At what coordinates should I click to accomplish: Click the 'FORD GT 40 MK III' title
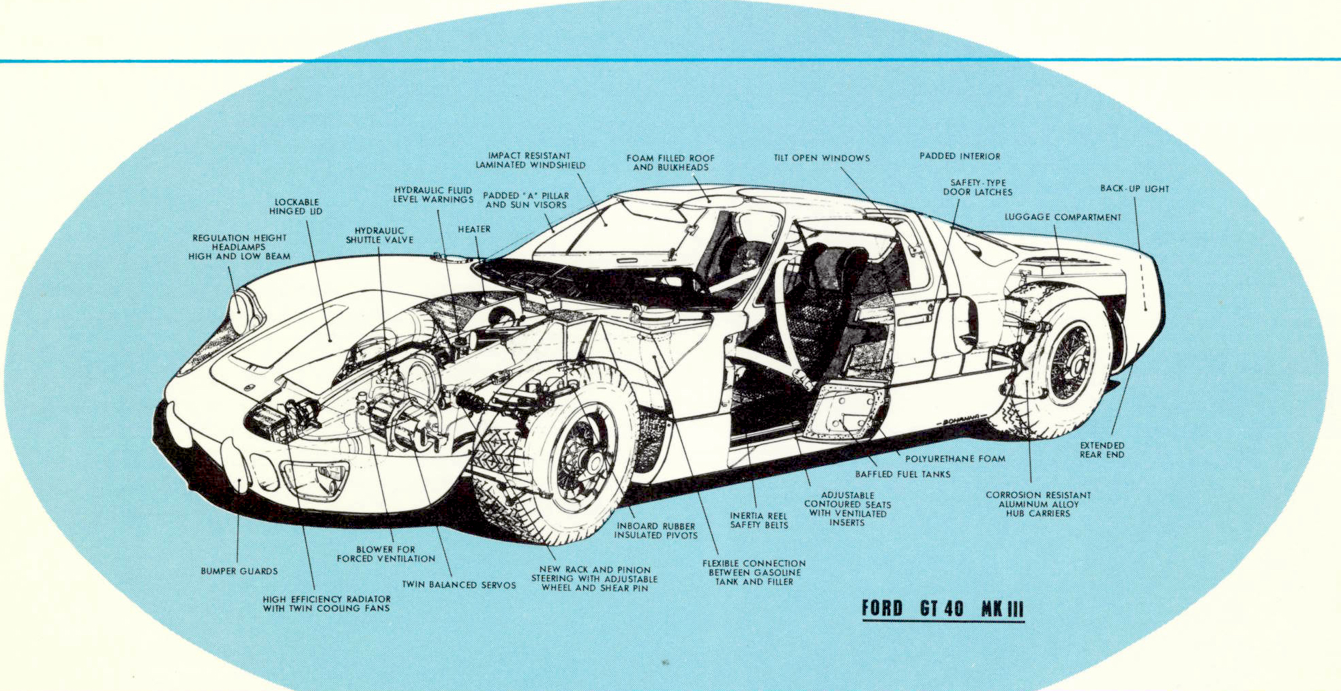click(943, 608)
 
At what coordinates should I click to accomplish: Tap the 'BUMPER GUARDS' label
click(239, 571)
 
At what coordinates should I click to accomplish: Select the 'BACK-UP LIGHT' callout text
click(1134, 189)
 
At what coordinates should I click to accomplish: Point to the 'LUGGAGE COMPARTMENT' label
click(1063, 217)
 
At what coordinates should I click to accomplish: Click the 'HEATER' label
click(474, 230)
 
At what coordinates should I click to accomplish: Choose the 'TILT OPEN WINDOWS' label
click(821, 158)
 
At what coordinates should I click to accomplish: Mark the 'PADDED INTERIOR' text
click(960, 156)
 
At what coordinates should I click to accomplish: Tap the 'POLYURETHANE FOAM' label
click(955, 459)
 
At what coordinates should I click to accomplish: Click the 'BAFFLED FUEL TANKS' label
click(902, 474)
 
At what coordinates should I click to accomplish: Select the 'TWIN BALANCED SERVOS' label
click(458, 585)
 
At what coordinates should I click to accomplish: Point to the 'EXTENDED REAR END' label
click(1102, 450)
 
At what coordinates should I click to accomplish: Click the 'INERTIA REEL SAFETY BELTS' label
click(758, 521)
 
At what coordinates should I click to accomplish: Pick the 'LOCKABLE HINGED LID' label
click(296, 206)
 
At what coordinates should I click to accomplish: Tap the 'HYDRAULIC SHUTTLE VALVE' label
click(379, 235)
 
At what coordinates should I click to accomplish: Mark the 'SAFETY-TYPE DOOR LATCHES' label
click(978, 187)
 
